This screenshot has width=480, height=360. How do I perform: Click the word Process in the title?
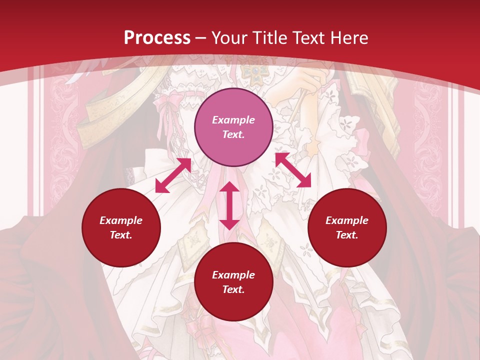pyautogui.click(x=157, y=37)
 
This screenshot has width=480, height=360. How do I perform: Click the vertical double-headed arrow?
pyautogui.click(x=229, y=205)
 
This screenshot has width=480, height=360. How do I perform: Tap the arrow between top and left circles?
pyautogui.click(x=173, y=175)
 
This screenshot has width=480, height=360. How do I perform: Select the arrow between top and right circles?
pyautogui.click(x=293, y=170)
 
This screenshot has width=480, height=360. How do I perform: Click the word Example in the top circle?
pyautogui.click(x=233, y=120)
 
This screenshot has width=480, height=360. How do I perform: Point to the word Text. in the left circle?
pyautogui.click(x=121, y=235)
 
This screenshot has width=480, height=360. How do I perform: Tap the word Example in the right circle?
pyautogui.click(x=347, y=220)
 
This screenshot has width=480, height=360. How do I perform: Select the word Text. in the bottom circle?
pyautogui.click(x=233, y=289)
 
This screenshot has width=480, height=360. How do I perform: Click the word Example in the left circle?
pyautogui.click(x=121, y=220)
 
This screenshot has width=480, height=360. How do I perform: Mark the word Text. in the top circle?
pyautogui.click(x=233, y=134)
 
